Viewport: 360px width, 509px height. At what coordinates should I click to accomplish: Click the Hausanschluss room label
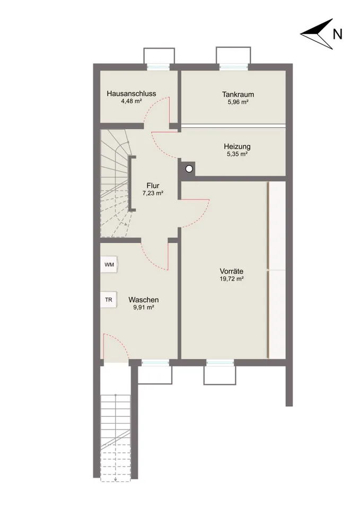point(131,93)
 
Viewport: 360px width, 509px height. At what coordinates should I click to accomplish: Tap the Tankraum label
point(238,94)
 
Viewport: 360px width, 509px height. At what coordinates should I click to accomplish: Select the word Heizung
point(237,146)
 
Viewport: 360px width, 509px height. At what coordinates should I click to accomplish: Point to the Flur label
point(153,186)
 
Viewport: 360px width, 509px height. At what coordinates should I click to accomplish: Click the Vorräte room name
point(232,271)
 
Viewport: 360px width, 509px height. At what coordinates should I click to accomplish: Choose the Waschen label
point(144,300)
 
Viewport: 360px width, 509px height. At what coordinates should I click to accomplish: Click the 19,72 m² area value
point(232,279)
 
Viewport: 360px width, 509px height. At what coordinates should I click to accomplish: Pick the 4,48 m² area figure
point(131,101)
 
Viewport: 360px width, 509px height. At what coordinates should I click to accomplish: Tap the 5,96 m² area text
point(238,102)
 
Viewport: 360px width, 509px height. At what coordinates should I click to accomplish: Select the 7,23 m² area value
point(153,193)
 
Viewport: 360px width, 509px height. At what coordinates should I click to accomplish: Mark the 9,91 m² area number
point(144,307)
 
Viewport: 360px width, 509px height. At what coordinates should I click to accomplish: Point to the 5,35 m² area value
point(237,154)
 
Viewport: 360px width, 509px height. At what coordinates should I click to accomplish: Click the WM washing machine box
point(109,265)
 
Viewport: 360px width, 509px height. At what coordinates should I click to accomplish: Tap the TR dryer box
point(109,300)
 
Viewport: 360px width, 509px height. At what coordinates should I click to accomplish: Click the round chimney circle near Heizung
point(189,169)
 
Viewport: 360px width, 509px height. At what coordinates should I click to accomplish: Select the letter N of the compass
point(338,34)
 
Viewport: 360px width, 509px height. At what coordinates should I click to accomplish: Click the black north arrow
point(317,34)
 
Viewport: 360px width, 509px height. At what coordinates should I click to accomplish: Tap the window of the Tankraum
point(234,67)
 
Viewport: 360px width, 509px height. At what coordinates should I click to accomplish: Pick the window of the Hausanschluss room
point(159,67)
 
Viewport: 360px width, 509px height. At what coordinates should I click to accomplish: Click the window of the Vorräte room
point(220,363)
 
